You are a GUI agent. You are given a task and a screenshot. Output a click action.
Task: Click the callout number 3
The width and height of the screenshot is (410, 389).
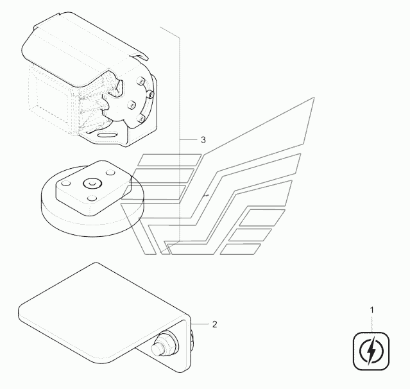point(203,140)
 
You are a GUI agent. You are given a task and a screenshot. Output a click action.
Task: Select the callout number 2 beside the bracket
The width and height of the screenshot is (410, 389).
point(214,324)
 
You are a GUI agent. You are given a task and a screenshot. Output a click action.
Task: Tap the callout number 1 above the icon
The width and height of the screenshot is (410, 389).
point(371,311)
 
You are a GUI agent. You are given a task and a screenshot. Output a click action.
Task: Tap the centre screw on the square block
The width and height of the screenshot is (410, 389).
point(90,182)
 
